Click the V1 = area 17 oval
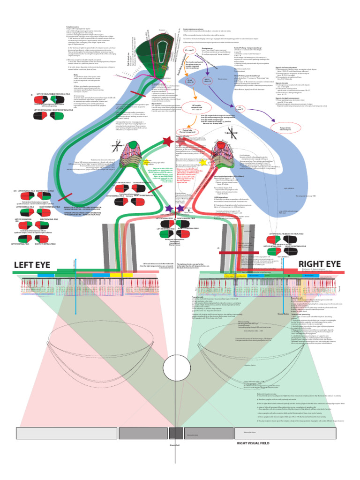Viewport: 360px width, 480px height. point(190,50)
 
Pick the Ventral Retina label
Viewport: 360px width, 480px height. point(283,314)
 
